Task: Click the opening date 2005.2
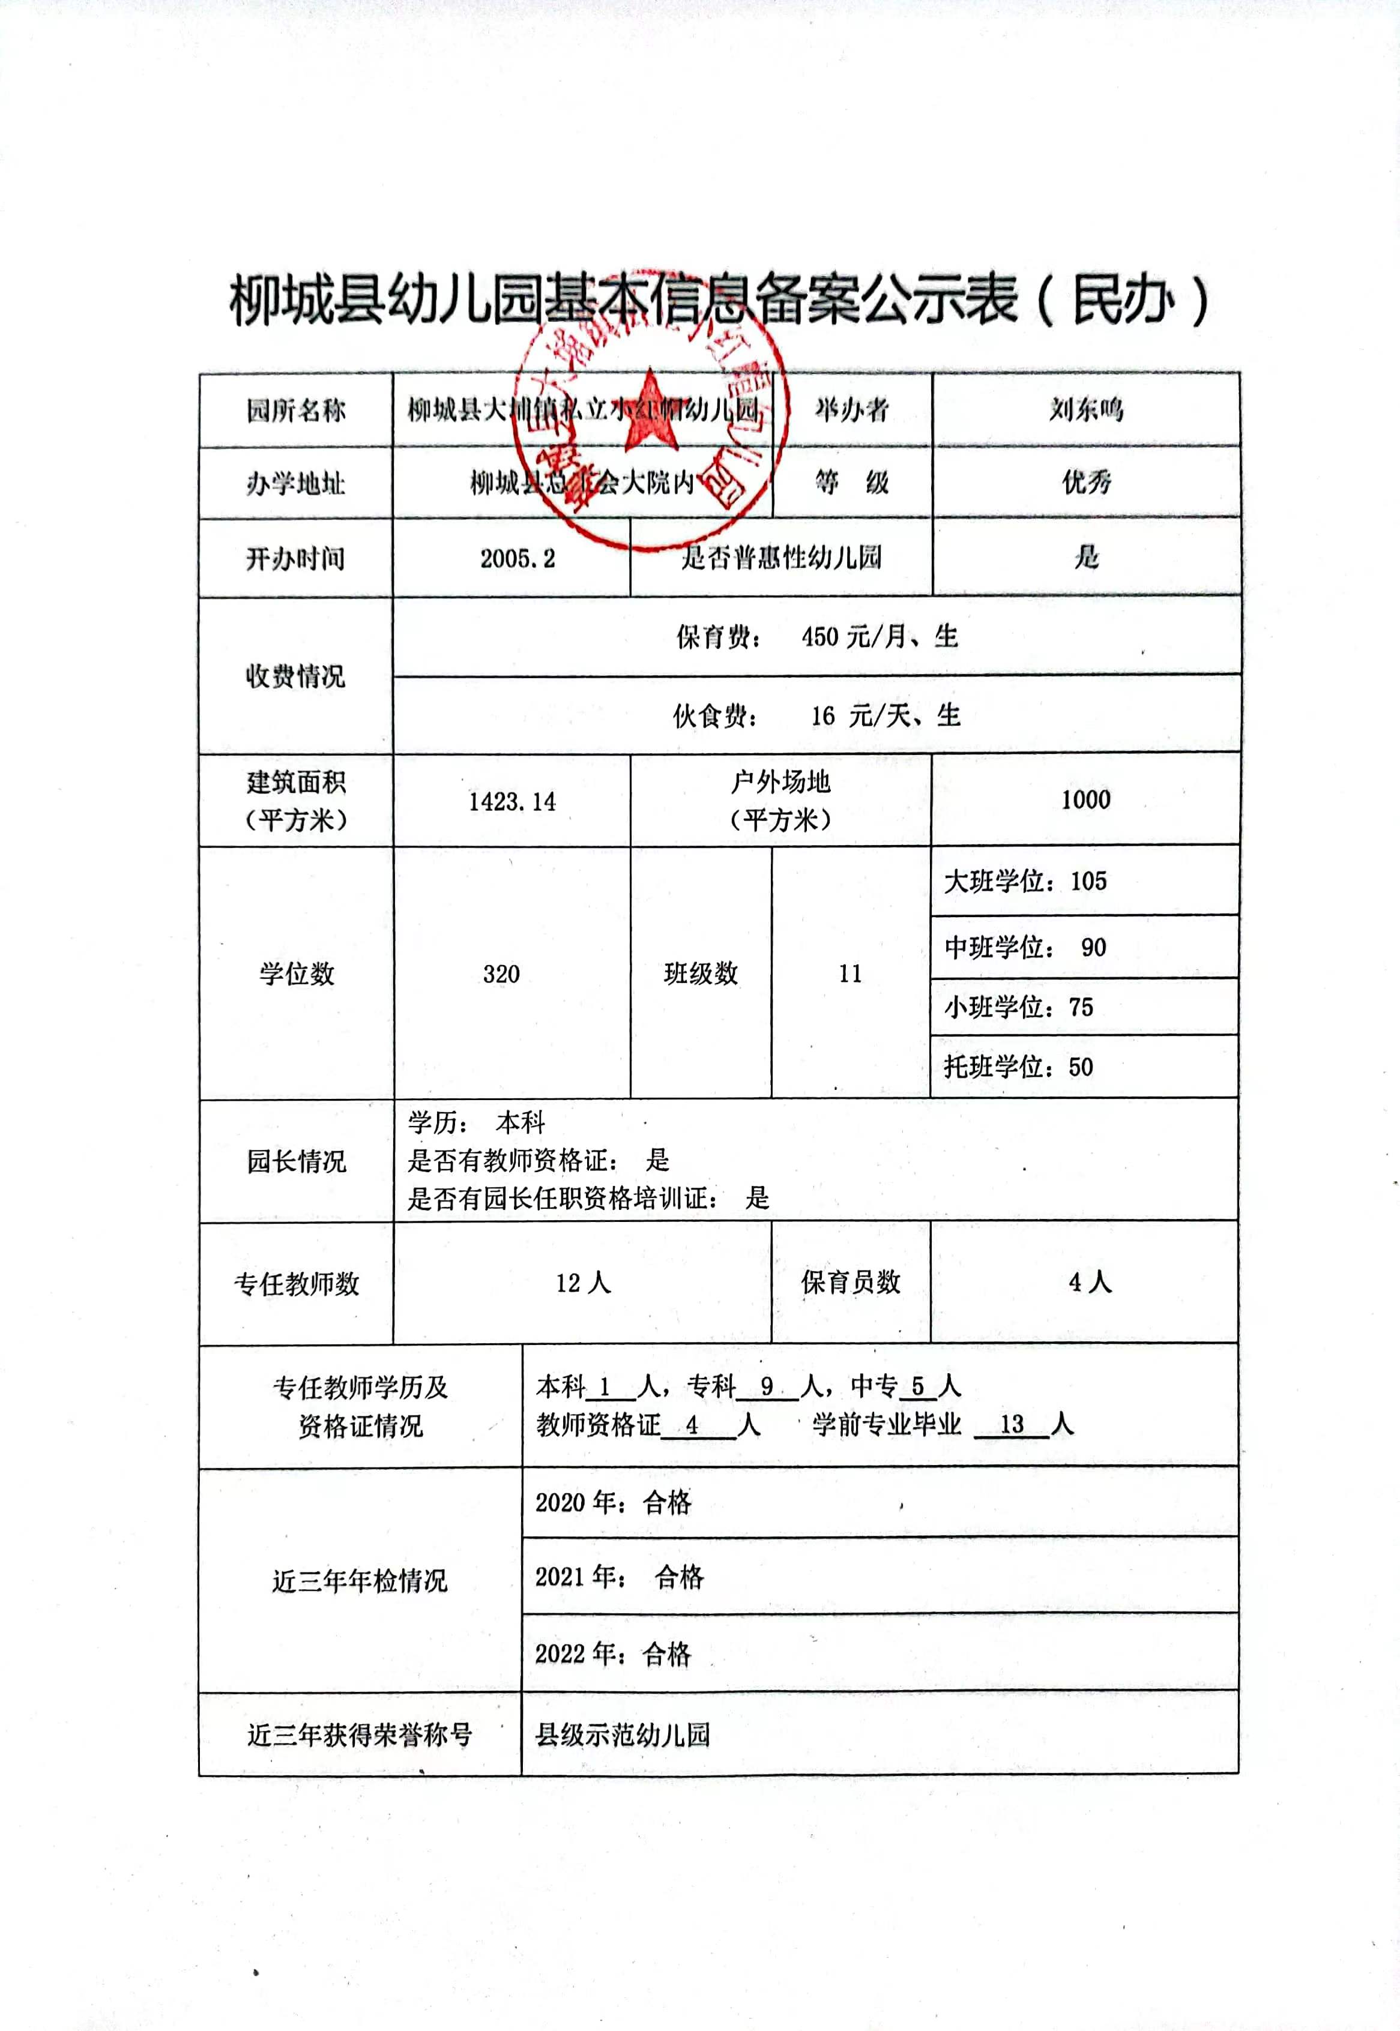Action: coord(517,559)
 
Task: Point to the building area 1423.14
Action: coord(512,801)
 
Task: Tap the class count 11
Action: coord(849,973)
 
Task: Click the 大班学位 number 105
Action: coord(1088,880)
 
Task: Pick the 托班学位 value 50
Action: coord(1081,1067)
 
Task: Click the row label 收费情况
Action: coord(295,676)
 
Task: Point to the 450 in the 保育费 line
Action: coord(819,637)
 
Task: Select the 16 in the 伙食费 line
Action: coord(823,715)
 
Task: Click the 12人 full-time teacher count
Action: coord(582,1283)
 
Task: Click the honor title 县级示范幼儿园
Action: coord(622,1734)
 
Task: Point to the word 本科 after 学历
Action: coord(520,1122)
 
